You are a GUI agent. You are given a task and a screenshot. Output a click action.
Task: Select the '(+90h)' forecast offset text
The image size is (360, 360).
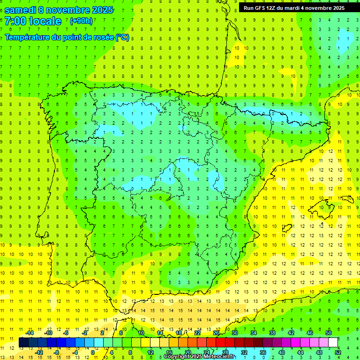pos(82,21)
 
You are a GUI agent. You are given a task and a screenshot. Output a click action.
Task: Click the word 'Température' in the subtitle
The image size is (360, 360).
pos(29,37)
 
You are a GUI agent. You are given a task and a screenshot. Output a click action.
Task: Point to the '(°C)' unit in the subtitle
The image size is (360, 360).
pos(122,37)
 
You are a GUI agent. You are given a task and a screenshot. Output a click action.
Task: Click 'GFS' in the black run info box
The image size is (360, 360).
pos(262,8)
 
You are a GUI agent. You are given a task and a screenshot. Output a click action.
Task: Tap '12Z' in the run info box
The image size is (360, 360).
pos(274,8)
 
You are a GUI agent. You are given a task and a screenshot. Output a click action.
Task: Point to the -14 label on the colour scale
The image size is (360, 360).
pos(29,333)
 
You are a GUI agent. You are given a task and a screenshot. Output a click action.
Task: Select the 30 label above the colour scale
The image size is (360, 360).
pos(235,333)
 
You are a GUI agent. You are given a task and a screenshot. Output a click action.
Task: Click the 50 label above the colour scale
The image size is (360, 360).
pos(328,333)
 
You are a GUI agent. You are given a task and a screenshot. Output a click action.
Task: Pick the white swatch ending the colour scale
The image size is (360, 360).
pos(333,343)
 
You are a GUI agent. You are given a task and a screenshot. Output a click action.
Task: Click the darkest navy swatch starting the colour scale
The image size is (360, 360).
pos(23,343)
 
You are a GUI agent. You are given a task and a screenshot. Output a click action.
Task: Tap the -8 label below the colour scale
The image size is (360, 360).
pos(57,352)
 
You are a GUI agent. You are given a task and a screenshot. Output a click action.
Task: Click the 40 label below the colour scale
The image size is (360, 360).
pos(282,352)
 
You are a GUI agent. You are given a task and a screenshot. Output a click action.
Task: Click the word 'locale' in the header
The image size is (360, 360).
pos(45,21)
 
